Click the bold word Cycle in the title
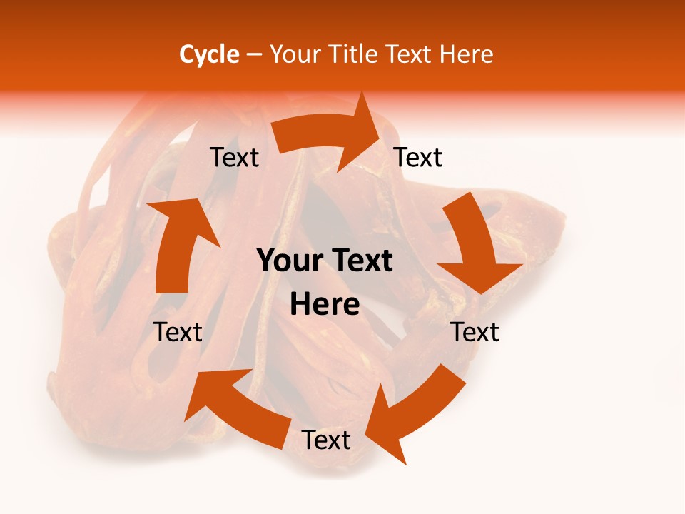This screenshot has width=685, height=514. point(209,54)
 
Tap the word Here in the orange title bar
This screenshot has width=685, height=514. point(466,54)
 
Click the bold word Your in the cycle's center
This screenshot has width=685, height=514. point(289,261)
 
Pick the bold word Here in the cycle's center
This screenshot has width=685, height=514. point(325,305)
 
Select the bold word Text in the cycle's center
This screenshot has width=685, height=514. point(360,261)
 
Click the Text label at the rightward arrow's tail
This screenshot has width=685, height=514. point(234,158)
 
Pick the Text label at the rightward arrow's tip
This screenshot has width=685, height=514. point(418,158)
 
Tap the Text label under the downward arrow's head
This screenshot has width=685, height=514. point(475,332)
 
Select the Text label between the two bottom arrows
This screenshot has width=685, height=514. point(326,440)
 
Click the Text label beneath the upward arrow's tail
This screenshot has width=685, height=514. point(178,332)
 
